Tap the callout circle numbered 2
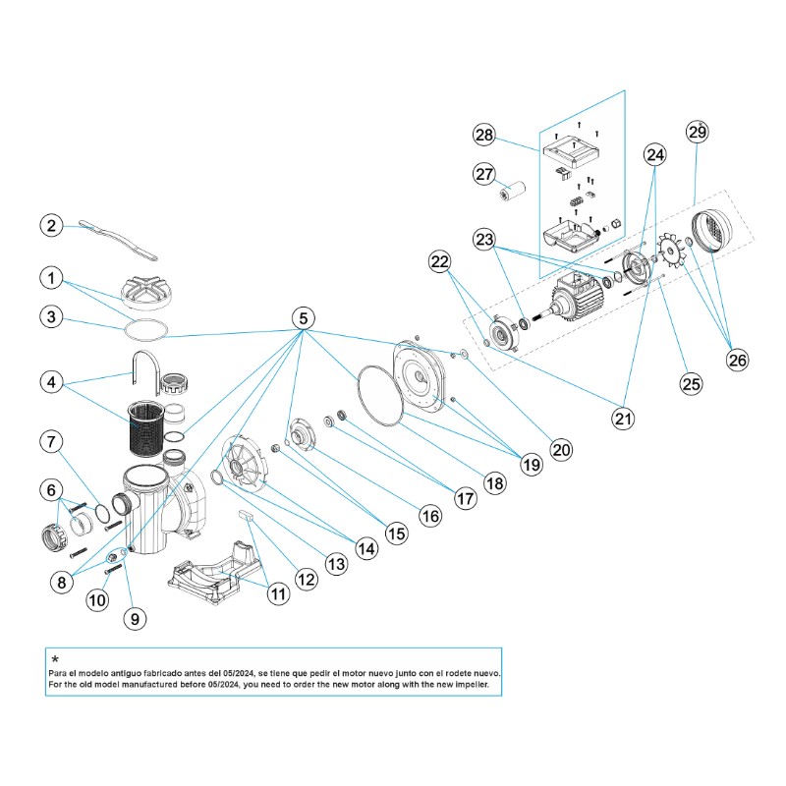(x=52, y=225)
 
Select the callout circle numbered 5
(x=304, y=317)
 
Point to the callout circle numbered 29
(x=697, y=132)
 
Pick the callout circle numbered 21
(x=622, y=418)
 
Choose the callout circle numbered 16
(x=429, y=513)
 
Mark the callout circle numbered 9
(x=136, y=618)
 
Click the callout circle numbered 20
(x=560, y=450)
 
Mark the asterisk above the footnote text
(x=55, y=659)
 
